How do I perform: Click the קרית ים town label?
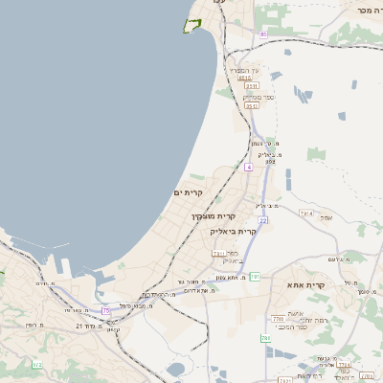click(x=189, y=193)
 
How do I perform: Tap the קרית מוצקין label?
click(x=213, y=217)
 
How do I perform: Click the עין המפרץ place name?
click(x=239, y=70)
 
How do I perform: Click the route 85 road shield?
click(x=262, y=34)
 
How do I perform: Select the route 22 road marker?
click(x=261, y=220)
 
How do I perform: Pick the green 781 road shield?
click(x=256, y=276)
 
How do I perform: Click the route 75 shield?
click(x=105, y=311)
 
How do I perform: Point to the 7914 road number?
click(x=305, y=213)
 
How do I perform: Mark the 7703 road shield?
click(x=278, y=318)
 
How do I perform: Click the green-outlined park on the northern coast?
click(x=195, y=25)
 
